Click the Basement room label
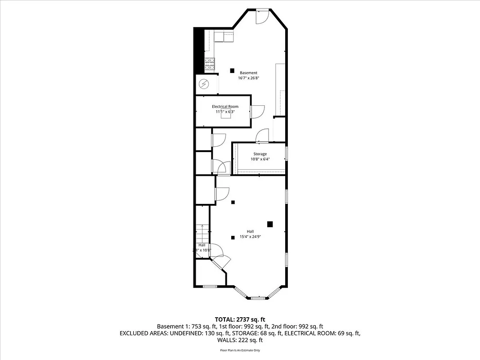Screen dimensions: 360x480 pyautogui.click(x=248, y=73)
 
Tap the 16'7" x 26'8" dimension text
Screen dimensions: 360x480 pyautogui.click(x=248, y=78)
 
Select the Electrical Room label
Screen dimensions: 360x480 pyautogui.click(x=225, y=107)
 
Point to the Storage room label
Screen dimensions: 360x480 pyautogui.click(x=260, y=154)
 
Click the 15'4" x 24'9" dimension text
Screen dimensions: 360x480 pyautogui.click(x=250, y=236)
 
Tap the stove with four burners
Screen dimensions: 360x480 pyautogui.click(x=210, y=65)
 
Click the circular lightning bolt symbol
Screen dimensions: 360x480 pyautogui.click(x=204, y=84)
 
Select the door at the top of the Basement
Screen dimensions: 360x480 pyautogui.click(x=262, y=16)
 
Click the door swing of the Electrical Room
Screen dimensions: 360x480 pyautogui.click(x=258, y=111)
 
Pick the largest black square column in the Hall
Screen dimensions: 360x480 pyautogui.click(x=270, y=224)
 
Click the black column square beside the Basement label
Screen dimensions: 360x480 pyautogui.click(x=232, y=70)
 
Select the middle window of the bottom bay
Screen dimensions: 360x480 pyautogui.click(x=258, y=297)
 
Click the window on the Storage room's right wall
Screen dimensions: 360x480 pyautogui.click(x=286, y=153)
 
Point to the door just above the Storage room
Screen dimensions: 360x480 pyautogui.click(x=262, y=135)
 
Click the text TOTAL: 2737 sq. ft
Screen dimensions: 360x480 pyautogui.click(x=240, y=319)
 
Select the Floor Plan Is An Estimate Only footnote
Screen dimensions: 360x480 pyautogui.click(x=240, y=350)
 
